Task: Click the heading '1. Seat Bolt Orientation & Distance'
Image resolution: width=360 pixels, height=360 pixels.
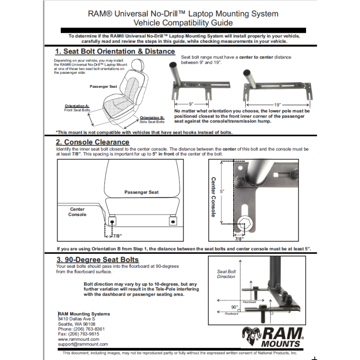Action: [x=115, y=51]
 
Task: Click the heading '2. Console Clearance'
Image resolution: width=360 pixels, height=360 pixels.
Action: [x=93, y=142]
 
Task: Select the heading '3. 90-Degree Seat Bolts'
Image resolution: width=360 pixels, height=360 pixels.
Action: [x=98, y=260]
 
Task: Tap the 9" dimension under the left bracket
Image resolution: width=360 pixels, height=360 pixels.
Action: [x=191, y=103]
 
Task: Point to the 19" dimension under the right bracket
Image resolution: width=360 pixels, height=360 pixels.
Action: [x=277, y=103]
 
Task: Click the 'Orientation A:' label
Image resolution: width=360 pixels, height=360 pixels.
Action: [x=77, y=106]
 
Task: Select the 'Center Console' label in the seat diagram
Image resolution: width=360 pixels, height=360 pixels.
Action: [x=77, y=212]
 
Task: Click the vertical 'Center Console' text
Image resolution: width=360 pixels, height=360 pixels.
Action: [x=214, y=196]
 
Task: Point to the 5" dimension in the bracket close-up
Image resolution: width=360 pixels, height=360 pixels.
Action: [x=222, y=192]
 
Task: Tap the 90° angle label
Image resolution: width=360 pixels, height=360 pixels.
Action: [x=234, y=307]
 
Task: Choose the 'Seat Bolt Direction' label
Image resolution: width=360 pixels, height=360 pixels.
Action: [x=226, y=274]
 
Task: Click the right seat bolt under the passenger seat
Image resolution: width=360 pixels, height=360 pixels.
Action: [x=173, y=222]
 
